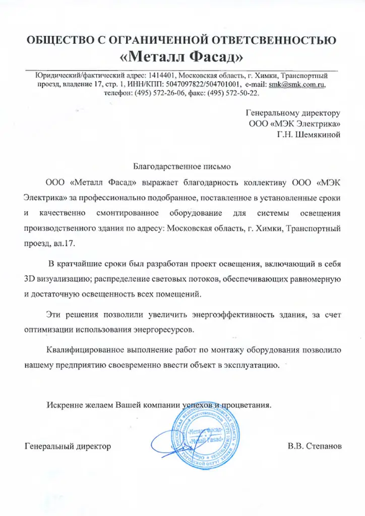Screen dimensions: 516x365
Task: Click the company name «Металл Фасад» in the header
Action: click(x=182, y=53)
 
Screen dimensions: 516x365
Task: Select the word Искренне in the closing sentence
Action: click(x=63, y=404)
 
